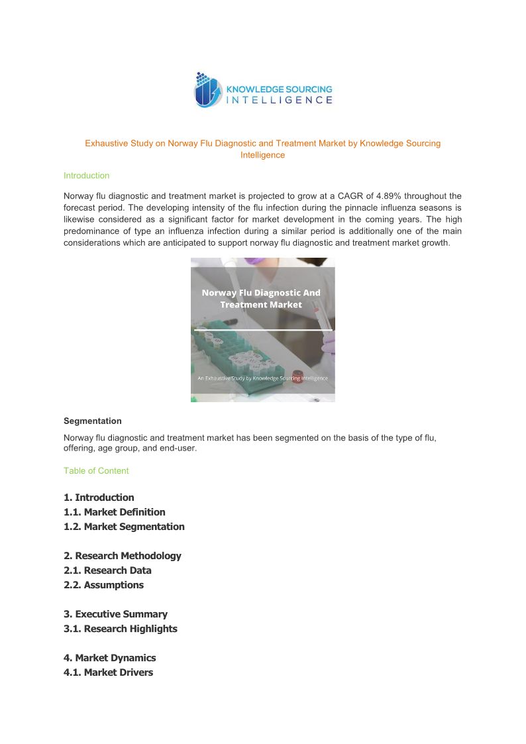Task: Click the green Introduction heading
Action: tap(86, 176)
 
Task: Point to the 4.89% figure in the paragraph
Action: tap(388, 196)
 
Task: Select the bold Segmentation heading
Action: tap(93, 421)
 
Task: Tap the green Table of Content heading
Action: tap(96, 470)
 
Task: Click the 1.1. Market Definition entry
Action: tap(115, 512)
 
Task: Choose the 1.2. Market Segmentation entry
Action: tap(124, 527)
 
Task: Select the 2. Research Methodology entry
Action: tap(123, 556)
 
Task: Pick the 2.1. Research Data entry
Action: tap(107, 570)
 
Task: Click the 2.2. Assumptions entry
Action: tap(103, 585)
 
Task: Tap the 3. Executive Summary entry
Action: tap(115, 614)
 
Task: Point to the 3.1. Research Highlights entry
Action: tap(121, 629)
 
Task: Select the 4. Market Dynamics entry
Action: tap(110, 658)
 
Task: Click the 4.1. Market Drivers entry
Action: tap(108, 672)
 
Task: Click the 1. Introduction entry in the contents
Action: tap(99, 498)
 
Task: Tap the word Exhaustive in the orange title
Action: tap(105, 143)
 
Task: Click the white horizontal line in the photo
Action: tap(263, 329)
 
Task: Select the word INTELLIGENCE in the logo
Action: tap(280, 100)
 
